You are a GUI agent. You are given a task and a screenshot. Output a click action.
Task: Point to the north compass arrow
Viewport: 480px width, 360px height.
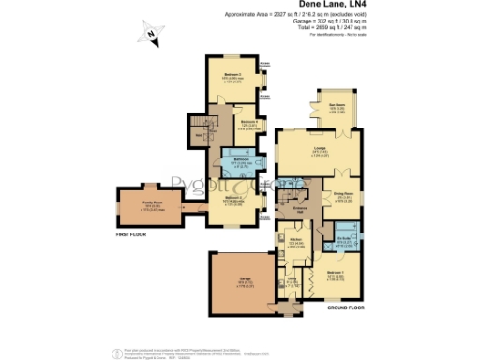[x=148, y=36]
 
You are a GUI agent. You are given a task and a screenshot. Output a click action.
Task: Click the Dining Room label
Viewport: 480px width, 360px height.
[x=342, y=195]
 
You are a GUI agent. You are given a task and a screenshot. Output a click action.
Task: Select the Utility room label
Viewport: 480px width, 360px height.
[x=292, y=280]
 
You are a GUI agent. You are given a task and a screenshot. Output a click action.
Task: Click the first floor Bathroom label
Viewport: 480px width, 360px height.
[x=241, y=160]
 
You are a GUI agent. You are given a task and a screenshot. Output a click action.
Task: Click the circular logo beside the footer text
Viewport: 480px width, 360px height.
[x=116, y=352]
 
